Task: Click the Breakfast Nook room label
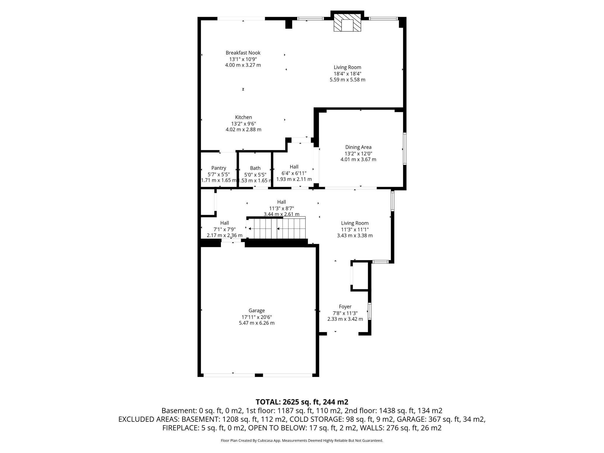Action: point(243,53)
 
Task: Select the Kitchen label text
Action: point(243,117)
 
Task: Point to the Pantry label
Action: point(219,168)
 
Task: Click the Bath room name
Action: point(255,168)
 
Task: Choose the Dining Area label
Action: point(358,147)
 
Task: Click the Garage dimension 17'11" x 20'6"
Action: point(257,317)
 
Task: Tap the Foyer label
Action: point(345,307)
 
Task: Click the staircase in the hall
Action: point(277,228)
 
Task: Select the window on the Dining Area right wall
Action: point(405,148)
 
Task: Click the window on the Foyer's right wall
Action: point(369,311)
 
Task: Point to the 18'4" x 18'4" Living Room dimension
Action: point(347,74)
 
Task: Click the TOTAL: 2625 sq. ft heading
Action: point(302,402)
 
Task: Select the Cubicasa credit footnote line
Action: point(302,441)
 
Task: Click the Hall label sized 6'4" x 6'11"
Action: point(294,167)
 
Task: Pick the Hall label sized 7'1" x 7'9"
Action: point(224,223)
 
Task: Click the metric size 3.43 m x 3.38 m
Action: point(355,235)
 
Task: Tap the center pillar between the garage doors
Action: point(259,375)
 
